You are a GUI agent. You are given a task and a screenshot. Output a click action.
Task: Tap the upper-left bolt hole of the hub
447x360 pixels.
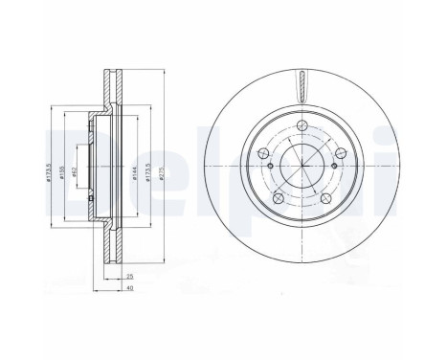click(x=261, y=154)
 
